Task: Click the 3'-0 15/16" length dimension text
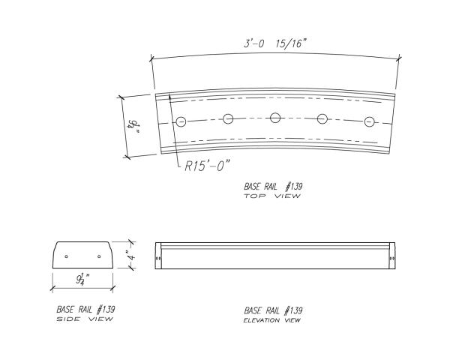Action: coord(275,44)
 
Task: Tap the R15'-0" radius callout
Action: coord(207,166)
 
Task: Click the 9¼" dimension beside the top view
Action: coord(134,127)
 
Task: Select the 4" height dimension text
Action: coord(132,256)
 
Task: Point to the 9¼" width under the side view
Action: coord(83,279)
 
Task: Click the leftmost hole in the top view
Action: coord(181,122)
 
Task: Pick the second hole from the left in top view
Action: coord(228,118)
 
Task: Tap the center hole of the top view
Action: coord(275,118)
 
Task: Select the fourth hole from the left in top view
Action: coord(322,118)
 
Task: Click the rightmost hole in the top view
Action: coord(369,122)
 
